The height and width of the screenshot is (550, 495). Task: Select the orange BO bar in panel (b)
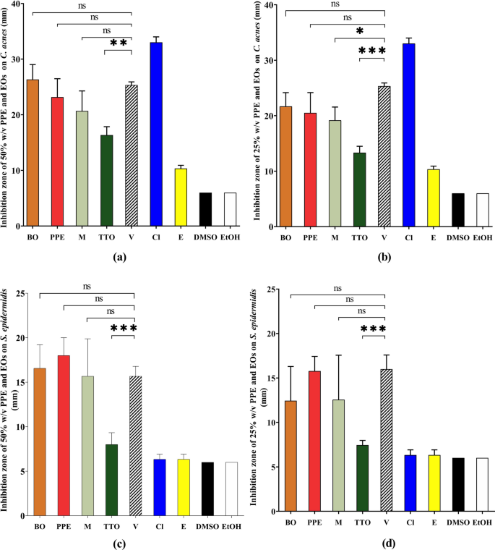pyautogui.click(x=286, y=166)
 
